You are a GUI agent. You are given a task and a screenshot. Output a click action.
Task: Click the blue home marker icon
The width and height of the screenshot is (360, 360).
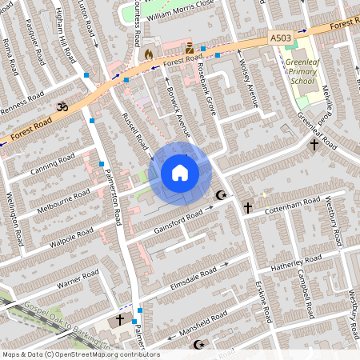[180, 173]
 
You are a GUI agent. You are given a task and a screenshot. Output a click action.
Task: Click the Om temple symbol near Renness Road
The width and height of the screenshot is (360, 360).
[58, 106]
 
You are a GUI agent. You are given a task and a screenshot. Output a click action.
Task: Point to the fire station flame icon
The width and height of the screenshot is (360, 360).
[148, 53]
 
